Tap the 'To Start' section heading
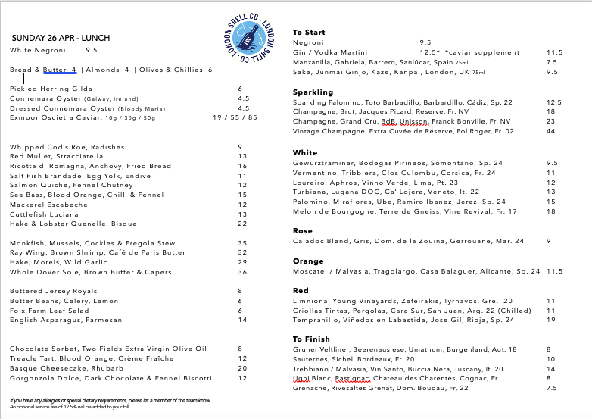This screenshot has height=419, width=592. point(309,32)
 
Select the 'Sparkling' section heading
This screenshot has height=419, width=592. point(313,92)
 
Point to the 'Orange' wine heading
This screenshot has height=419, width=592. point(307,261)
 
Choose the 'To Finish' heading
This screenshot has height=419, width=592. point(311,339)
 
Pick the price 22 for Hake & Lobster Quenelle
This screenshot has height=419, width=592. point(242,224)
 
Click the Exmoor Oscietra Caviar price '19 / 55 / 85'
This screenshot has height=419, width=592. point(235,117)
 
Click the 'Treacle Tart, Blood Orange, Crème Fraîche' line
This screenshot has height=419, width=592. point(86,358)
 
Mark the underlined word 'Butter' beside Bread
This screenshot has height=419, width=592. point(55,70)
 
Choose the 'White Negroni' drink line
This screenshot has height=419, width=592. point(38,50)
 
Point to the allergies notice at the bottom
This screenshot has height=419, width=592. point(111,399)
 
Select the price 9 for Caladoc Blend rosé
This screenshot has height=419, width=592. point(548,241)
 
